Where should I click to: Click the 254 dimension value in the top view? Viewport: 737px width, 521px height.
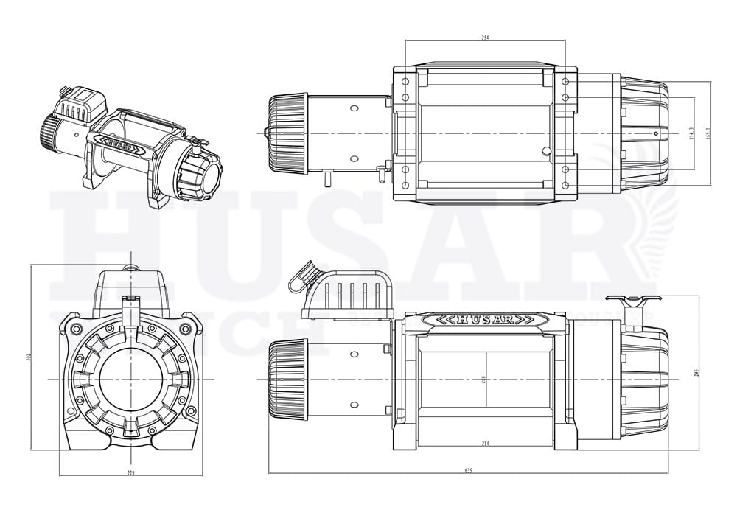click(x=486, y=37)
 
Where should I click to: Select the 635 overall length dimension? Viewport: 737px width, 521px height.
click(x=468, y=470)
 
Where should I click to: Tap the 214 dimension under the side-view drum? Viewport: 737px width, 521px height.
click(x=485, y=444)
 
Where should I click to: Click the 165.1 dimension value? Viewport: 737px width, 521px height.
click(x=708, y=131)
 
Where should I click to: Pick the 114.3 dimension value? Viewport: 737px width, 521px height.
click(x=691, y=133)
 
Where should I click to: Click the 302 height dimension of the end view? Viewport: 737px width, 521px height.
click(x=28, y=357)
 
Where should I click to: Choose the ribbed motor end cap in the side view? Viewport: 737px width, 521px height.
click(x=287, y=378)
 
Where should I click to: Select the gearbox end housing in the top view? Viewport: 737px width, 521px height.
click(x=643, y=133)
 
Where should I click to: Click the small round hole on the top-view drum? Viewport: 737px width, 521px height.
click(x=545, y=152)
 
